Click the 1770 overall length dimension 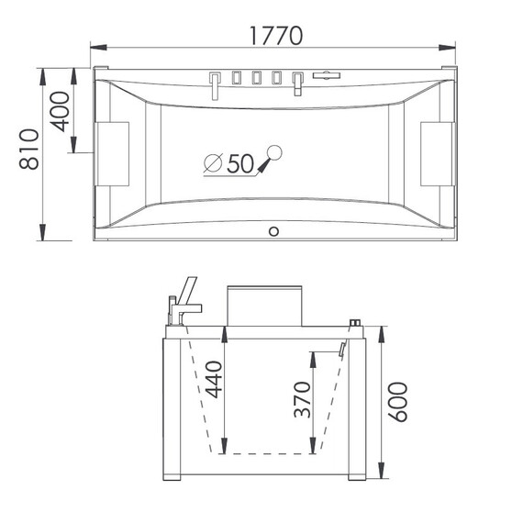coord(276,36)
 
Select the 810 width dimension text coord(29,149)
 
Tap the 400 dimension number coord(60,112)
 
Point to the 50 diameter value coord(240,163)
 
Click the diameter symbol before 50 coord(213,162)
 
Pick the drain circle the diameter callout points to coord(275,152)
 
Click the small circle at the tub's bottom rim coord(273,231)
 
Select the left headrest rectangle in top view coord(113,154)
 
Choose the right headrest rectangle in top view coord(437,154)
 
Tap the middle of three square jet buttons coord(256,78)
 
